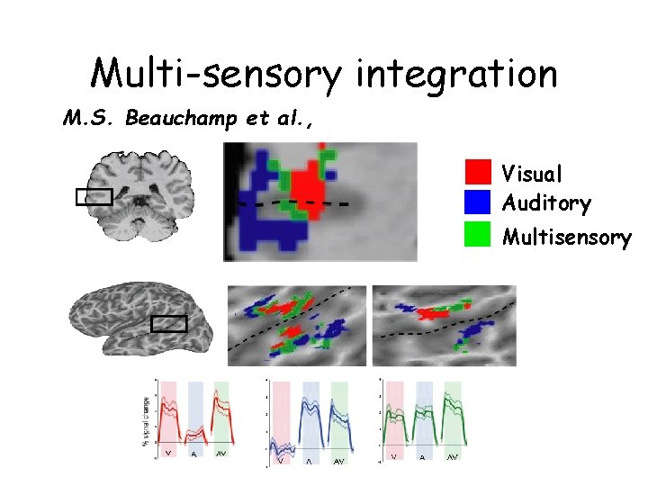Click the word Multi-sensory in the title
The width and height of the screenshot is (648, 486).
coord(216,73)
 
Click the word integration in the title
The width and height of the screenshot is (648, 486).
coord(456,75)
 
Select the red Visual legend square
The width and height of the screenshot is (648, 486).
coord(478,172)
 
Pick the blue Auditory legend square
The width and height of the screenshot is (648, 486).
coord(478,201)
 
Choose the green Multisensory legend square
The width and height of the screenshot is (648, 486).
coord(478,234)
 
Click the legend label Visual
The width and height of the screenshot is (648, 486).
coord(532,173)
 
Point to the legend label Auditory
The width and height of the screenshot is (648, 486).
coord(546,202)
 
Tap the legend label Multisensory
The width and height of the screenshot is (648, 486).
coord(566,237)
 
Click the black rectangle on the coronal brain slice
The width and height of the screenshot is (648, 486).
coord(94,196)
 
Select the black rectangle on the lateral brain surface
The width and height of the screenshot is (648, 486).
coord(168,324)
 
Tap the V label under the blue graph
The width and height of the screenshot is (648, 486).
coord(282,461)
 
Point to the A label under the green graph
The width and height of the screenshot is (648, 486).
coord(423,457)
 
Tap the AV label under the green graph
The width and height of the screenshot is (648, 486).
coord(452,456)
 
